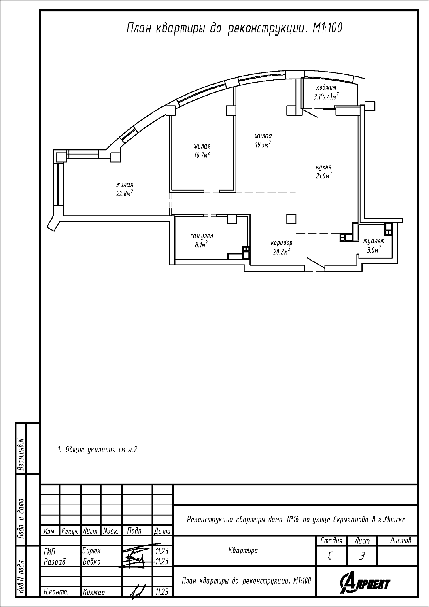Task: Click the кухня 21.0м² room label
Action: (324, 171)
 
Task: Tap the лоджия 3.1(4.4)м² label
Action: (326, 92)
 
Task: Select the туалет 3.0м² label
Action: (374, 246)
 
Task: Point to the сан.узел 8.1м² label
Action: (202, 240)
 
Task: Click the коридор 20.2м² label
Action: (282, 247)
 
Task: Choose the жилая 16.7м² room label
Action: (202, 151)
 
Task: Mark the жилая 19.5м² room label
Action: (263, 140)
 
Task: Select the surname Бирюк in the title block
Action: (91, 551)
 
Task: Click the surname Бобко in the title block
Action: (91, 562)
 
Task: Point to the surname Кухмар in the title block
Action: (93, 592)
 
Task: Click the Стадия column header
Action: (331, 541)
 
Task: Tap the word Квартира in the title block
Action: (243, 550)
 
